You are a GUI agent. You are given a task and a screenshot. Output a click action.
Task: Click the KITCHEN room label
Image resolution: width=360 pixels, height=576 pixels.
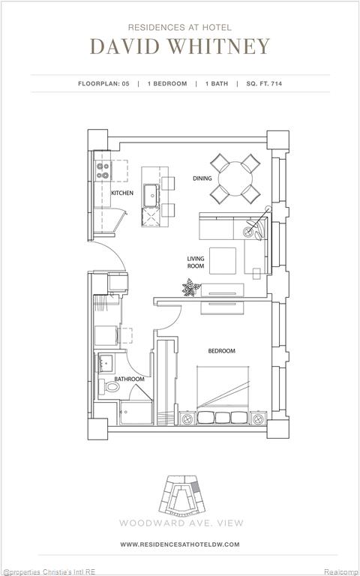click(122, 193)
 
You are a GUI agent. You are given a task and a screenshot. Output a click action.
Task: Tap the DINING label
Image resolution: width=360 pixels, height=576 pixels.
click(202, 178)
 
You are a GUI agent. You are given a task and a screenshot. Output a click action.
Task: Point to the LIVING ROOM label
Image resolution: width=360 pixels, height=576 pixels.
click(196, 262)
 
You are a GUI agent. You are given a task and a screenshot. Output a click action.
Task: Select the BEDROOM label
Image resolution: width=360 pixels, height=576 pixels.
click(221, 351)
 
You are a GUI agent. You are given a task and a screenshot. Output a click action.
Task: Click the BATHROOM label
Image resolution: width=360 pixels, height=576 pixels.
click(129, 379)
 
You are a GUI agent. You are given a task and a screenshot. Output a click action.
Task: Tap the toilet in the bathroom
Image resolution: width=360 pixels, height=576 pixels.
click(109, 386)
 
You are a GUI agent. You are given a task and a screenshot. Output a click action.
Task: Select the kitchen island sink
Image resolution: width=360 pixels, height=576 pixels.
click(151, 195)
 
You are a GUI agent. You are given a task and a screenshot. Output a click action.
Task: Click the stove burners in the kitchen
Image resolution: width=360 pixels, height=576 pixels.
click(103, 171)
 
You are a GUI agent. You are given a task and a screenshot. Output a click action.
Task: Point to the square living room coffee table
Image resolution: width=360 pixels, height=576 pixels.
click(223, 261)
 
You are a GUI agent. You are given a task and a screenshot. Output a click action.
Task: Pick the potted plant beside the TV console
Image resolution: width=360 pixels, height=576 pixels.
click(191, 287)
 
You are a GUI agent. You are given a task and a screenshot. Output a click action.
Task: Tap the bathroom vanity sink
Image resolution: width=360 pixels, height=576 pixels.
click(106, 364)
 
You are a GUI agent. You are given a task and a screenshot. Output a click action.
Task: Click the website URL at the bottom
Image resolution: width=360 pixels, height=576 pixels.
click(180, 544)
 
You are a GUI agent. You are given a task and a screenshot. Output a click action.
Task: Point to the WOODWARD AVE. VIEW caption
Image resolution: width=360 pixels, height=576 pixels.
click(181, 523)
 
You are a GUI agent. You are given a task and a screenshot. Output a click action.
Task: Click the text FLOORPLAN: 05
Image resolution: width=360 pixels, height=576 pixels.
click(103, 84)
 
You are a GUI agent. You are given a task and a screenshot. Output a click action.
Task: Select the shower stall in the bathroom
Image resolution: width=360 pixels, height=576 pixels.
click(136, 412)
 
